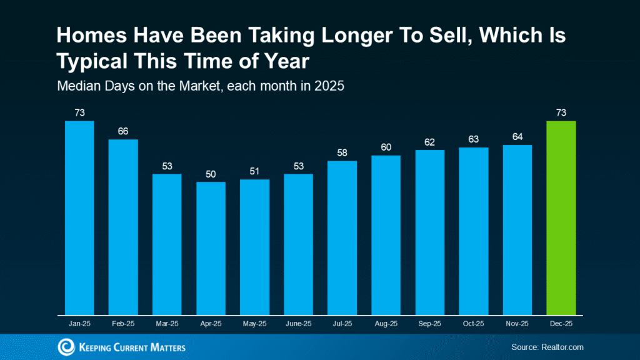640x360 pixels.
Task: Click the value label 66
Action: pyautogui.click(x=123, y=131)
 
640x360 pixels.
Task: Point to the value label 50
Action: pyautogui.click(x=211, y=174)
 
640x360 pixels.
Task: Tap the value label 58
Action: pyautogui.click(x=342, y=152)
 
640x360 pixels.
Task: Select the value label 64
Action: pyautogui.click(x=517, y=136)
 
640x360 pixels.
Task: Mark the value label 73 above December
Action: pyautogui.click(x=561, y=112)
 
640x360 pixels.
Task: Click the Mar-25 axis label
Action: pyautogui.click(x=167, y=324)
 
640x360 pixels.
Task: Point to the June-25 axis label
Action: pyautogui.click(x=298, y=324)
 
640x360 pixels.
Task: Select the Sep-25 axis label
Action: pyautogui.click(x=429, y=324)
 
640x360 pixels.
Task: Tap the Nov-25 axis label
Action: pyautogui.click(x=517, y=324)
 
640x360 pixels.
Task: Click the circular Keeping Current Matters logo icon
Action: pyautogui.click(x=66, y=347)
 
